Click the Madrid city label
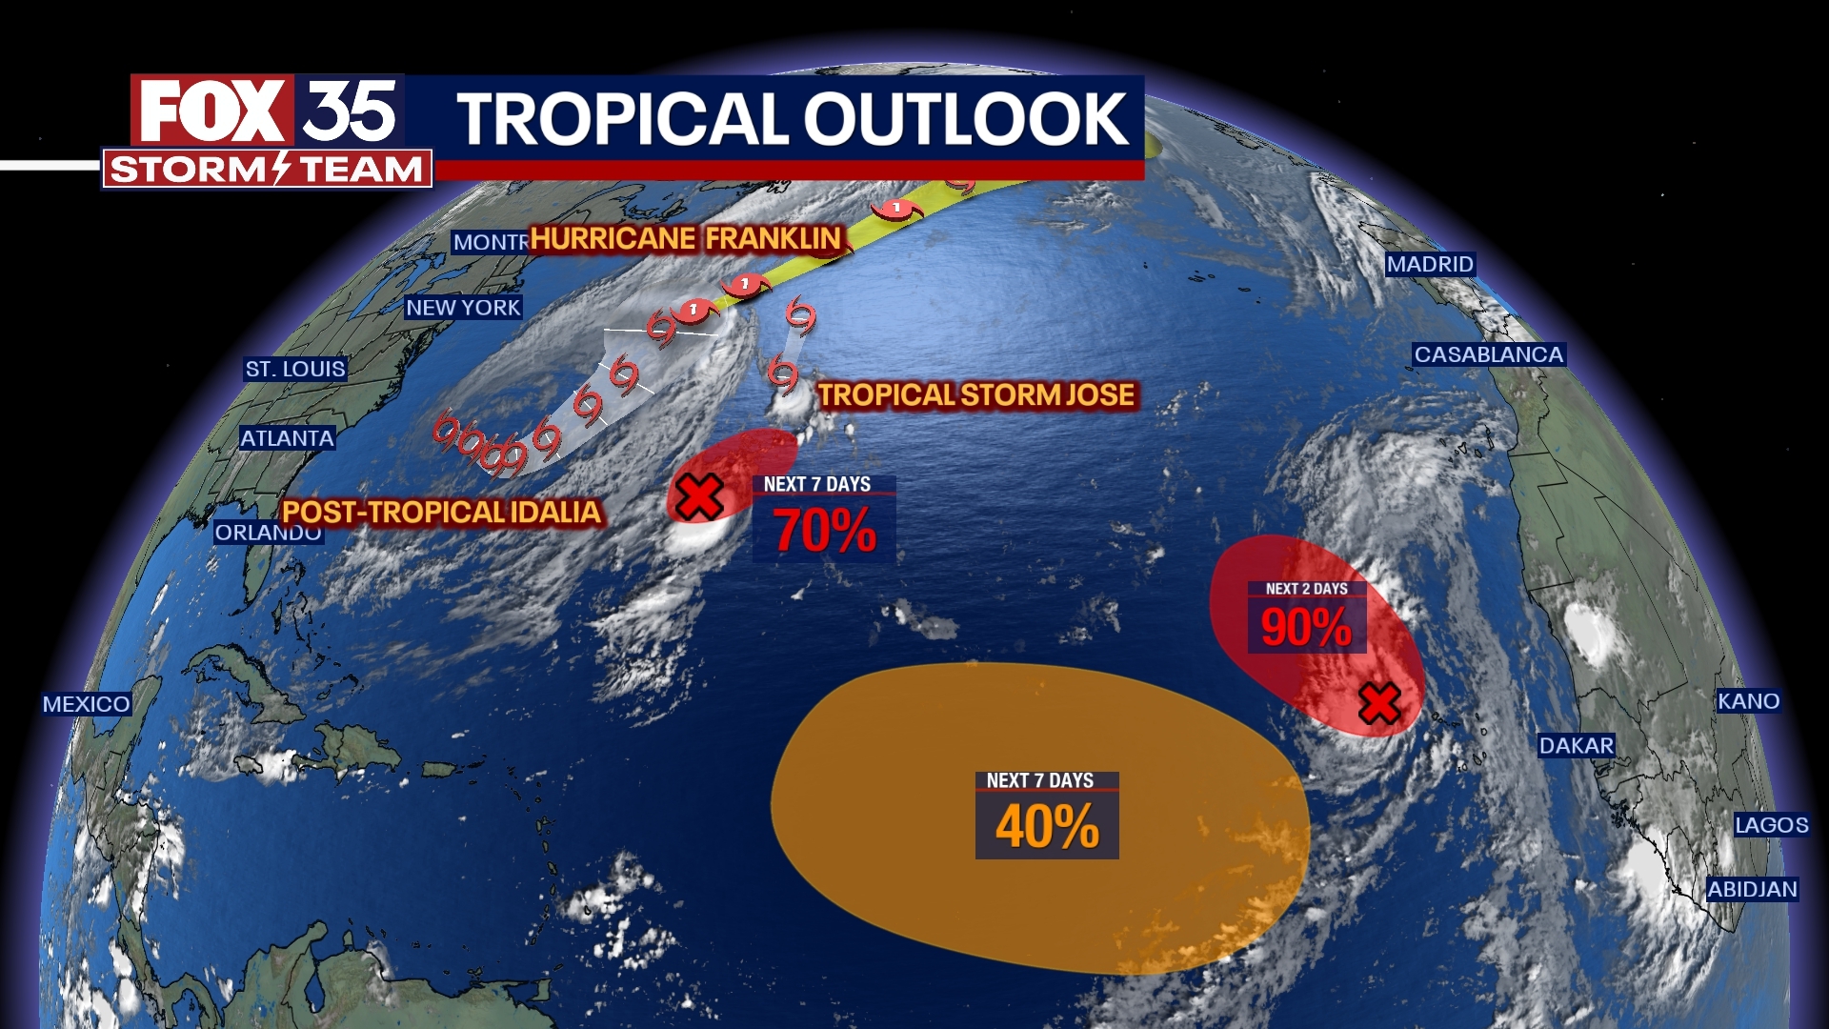click(x=1430, y=264)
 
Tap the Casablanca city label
click(x=1488, y=354)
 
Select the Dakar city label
click(x=1577, y=745)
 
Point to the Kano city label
click(x=1748, y=701)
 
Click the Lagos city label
click(x=1771, y=825)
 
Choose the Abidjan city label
click(x=1752, y=889)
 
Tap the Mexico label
click(x=86, y=704)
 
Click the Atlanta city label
click(x=287, y=438)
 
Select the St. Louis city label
click(x=295, y=369)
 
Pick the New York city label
click(x=463, y=308)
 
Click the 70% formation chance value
click(x=824, y=531)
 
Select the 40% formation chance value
click(x=1047, y=826)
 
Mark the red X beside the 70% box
click(x=699, y=496)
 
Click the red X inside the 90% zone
click(x=1379, y=704)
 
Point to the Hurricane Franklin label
click(x=685, y=238)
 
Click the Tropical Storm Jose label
click(x=976, y=395)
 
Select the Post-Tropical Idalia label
click(x=442, y=513)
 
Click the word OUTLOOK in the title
click(x=966, y=120)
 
